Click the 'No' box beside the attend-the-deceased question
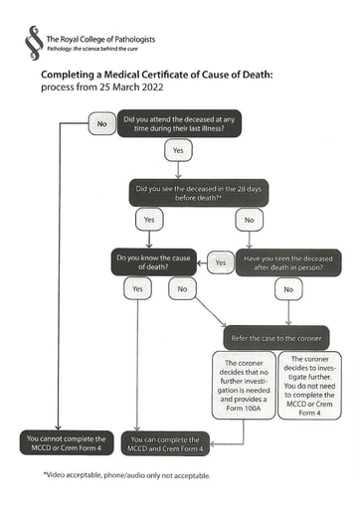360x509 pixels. [101, 124]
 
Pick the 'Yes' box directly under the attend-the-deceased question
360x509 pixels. [178, 151]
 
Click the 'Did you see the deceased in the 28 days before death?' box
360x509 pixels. [199, 189]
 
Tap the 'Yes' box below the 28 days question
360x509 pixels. [149, 219]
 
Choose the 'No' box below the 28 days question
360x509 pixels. [248, 219]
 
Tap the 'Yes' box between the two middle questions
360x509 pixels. [220, 263]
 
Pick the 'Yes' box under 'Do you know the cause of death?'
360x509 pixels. [137, 289]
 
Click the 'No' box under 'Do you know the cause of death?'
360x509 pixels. [181, 289]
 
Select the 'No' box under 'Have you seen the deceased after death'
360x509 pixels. [288, 289]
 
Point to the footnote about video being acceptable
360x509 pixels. [126, 476]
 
